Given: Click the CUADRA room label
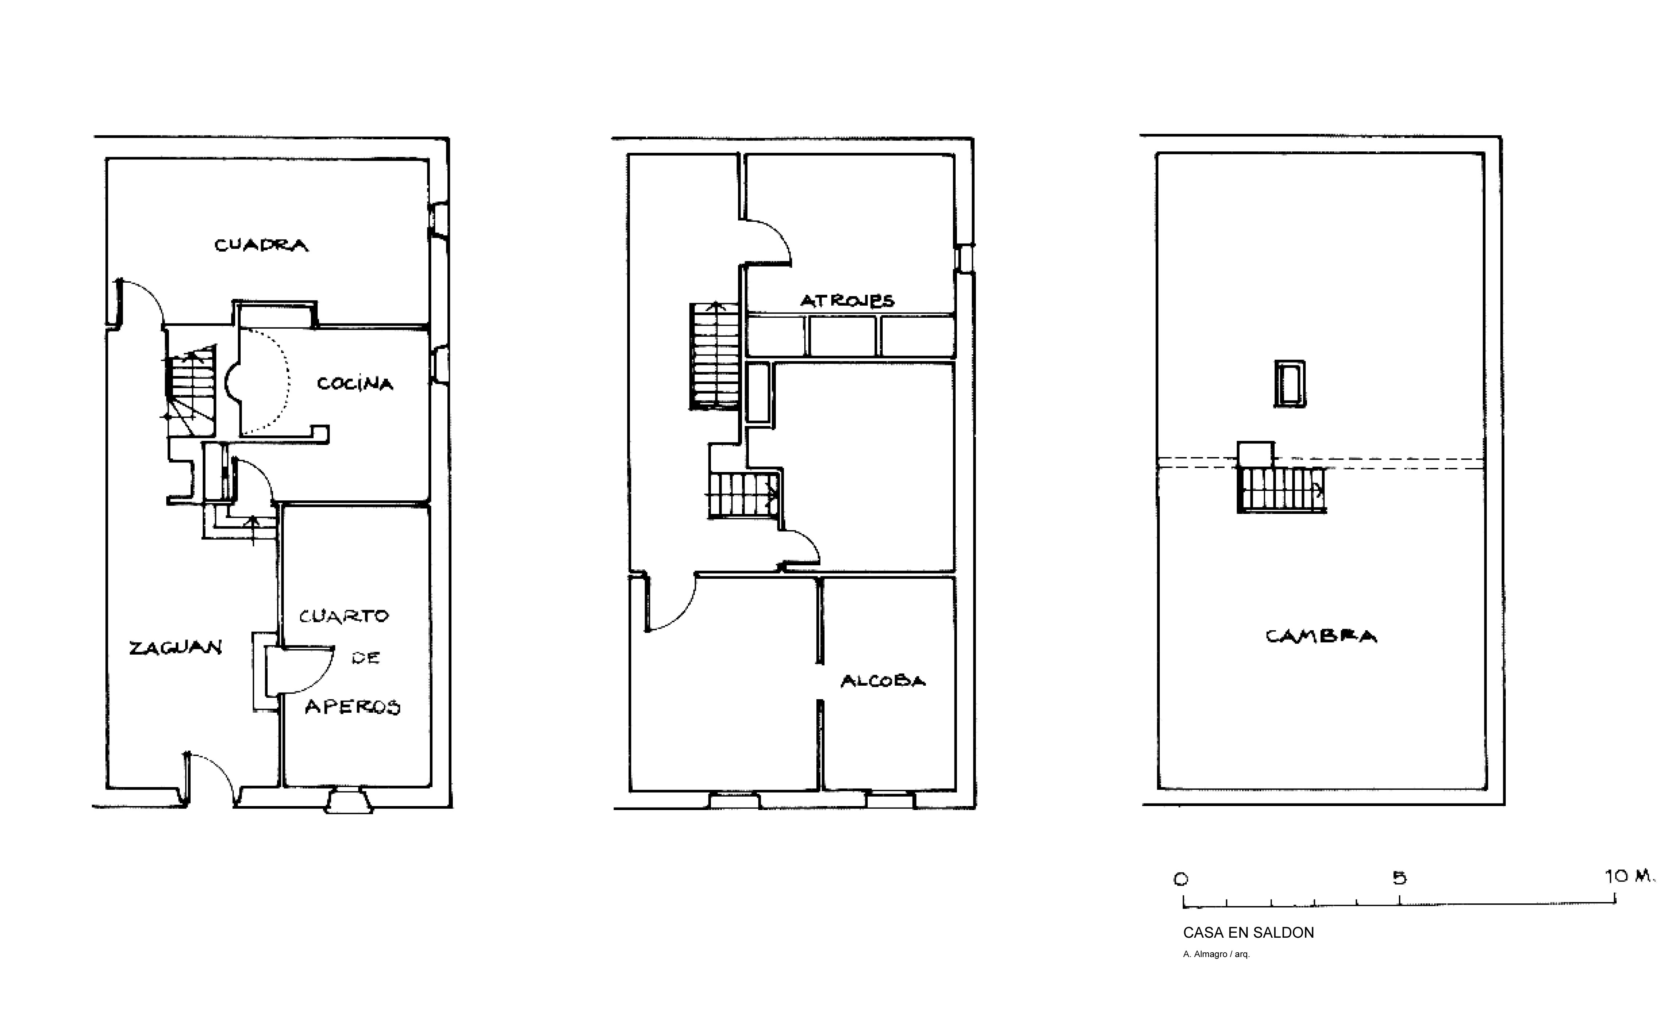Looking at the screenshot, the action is pos(261,245).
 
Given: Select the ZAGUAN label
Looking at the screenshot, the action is pos(176,647).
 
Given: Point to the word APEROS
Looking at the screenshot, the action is pos(352,706).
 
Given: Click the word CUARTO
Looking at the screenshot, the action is pos(344,616).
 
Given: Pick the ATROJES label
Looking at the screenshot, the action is pos(847,300).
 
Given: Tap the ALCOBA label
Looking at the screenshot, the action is pos(882,681).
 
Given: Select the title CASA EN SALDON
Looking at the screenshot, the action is pos(1248,933).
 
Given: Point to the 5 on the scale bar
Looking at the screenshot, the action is pos(1399,878).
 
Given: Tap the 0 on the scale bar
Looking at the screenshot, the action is pos(1181,879).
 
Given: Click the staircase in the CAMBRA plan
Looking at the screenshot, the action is pos(1281,489).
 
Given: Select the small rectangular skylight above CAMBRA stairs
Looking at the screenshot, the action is pos(1289,384).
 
